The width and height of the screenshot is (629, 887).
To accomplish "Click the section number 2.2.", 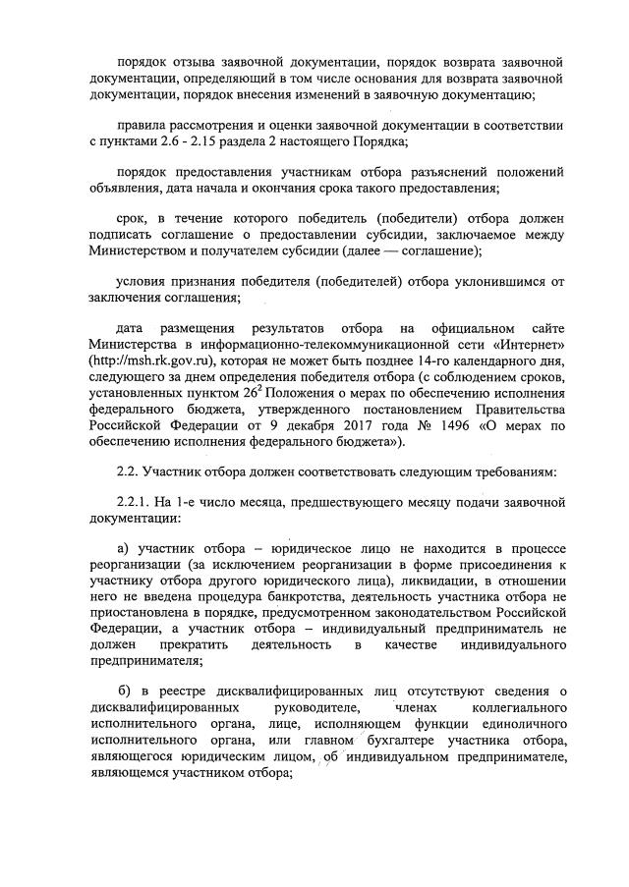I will (129, 471).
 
